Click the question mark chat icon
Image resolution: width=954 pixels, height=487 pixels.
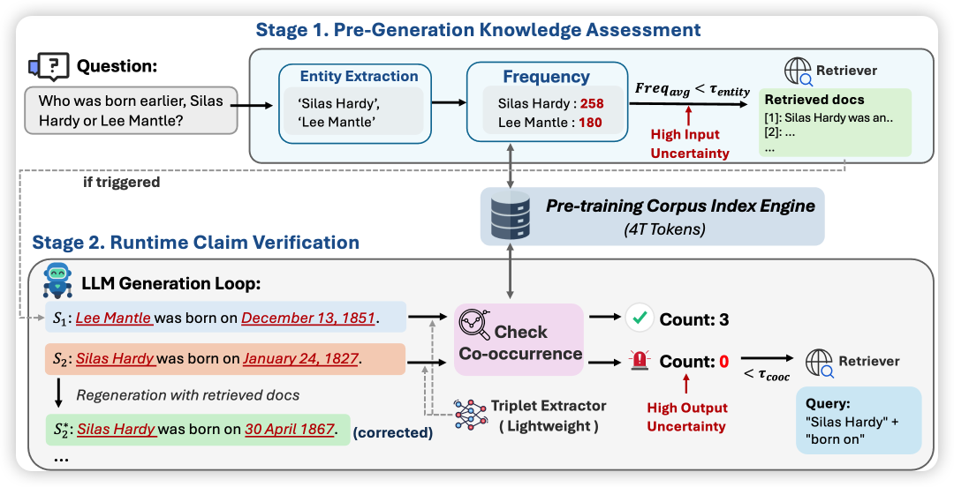point(49,66)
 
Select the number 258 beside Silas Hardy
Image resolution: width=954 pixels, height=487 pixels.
point(592,102)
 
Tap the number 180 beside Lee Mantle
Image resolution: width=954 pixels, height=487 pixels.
point(590,123)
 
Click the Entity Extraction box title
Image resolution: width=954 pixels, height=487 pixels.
point(359,77)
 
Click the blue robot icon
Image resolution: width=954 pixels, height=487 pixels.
point(57,281)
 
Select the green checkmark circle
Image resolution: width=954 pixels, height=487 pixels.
point(640,318)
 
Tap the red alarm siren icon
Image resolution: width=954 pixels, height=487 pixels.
point(640,361)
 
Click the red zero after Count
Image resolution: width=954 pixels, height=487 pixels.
point(724,362)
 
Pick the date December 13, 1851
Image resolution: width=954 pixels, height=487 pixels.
point(308,318)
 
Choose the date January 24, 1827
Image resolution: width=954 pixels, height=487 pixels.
point(300,359)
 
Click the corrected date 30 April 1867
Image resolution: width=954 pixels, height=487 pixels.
point(291,430)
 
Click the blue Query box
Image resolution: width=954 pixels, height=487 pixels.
point(859,421)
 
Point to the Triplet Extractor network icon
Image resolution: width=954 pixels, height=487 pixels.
point(470,415)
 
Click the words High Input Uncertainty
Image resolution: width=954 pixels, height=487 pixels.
point(689,144)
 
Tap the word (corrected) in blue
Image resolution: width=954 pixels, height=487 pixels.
point(393,433)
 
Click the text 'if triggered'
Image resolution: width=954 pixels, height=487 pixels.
point(122,183)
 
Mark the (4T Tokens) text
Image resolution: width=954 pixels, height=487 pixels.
point(662,230)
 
